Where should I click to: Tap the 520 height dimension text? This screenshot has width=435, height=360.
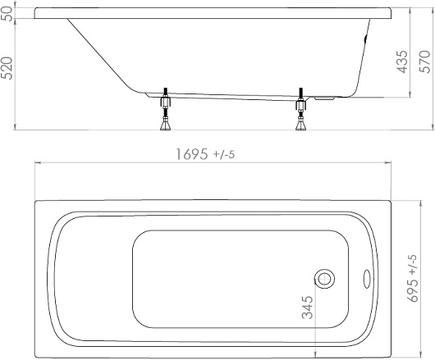pyautogui.click(x=7, y=68)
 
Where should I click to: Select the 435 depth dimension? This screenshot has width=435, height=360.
pyautogui.click(x=402, y=62)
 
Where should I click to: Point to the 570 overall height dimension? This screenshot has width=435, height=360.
pyautogui.click(x=424, y=62)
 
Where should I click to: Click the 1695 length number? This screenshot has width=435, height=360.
pyautogui.click(x=192, y=154)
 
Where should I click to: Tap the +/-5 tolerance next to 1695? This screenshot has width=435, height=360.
pyautogui.click(x=224, y=155)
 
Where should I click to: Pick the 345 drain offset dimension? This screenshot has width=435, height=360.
pyautogui.click(x=308, y=308)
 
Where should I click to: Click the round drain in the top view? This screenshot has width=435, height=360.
pyautogui.click(x=324, y=279)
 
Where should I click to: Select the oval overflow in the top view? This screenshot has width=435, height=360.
pyautogui.click(x=367, y=279)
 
